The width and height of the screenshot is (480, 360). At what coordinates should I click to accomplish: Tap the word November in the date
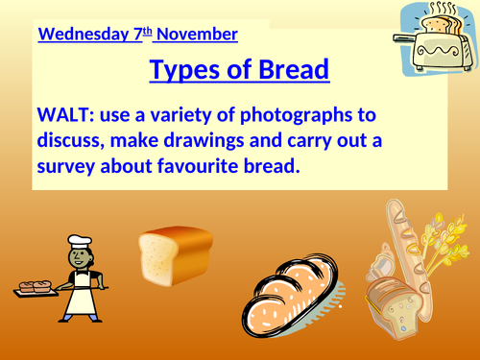(x=197, y=36)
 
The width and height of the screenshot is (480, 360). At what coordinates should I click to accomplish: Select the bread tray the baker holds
(x=38, y=285)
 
